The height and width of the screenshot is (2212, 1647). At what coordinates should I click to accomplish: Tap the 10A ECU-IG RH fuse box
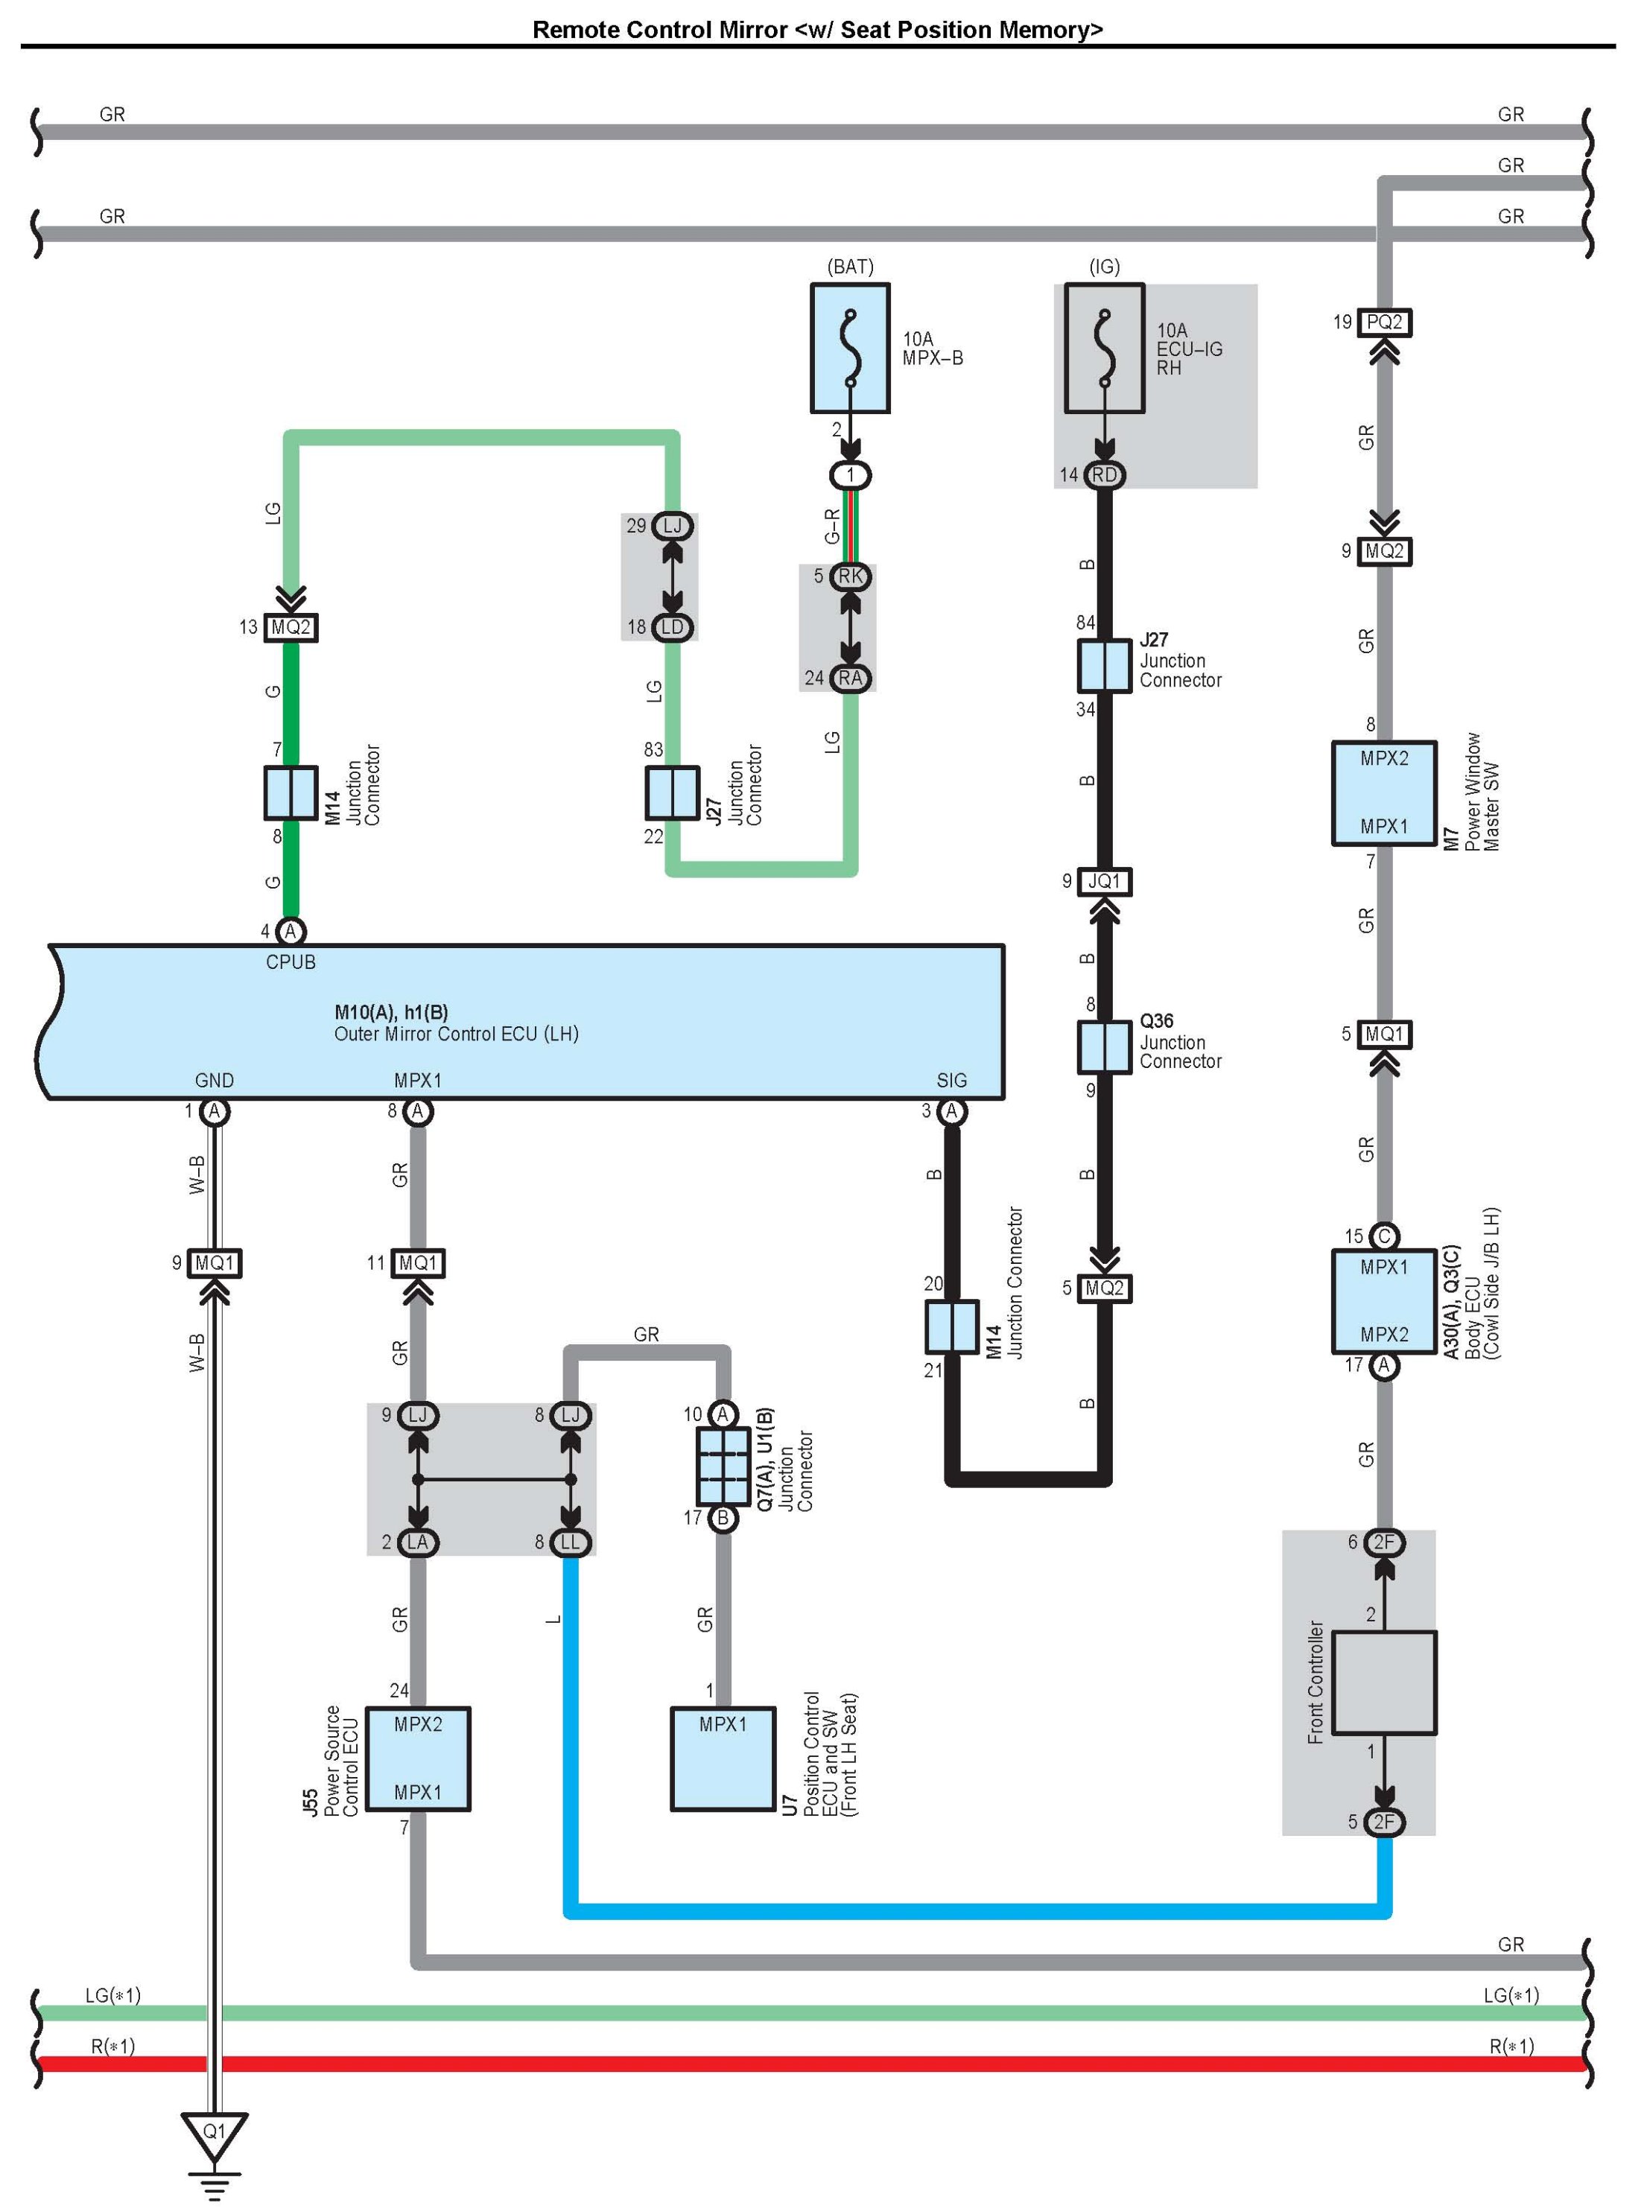tap(1104, 348)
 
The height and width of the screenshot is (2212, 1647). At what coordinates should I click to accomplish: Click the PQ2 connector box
tap(1384, 322)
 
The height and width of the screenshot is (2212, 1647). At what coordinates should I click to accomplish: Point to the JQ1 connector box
tap(1104, 881)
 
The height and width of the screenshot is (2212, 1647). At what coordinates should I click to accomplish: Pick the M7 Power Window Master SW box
tap(1384, 792)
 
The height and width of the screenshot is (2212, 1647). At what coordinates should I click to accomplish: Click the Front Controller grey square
tap(1384, 1682)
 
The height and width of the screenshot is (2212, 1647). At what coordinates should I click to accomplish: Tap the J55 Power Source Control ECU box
tap(418, 1758)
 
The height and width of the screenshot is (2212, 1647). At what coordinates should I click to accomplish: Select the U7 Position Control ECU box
tap(723, 1758)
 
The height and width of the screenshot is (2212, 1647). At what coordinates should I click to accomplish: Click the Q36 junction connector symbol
tap(1104, 1046)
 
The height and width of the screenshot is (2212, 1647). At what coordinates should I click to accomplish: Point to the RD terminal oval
tap(1104, 474)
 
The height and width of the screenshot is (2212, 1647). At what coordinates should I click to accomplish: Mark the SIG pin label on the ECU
tap(951, 1080)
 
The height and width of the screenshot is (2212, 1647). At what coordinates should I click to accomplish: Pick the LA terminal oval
tap(418, 1542)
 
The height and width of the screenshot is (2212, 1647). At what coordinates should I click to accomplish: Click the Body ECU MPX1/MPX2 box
tap(1384, 1301)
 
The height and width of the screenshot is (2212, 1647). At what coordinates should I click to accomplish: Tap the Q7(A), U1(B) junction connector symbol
tap(723, 1466)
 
